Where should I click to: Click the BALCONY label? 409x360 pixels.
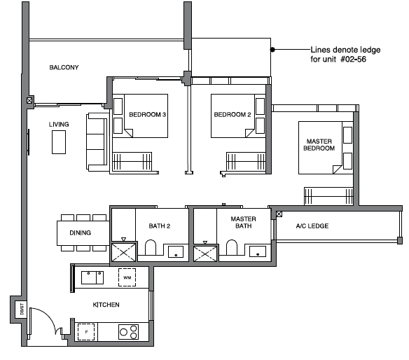[x=64, y=67]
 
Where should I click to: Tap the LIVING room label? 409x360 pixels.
[x=59, y=125]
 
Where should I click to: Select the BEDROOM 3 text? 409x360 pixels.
[x=147, y=115]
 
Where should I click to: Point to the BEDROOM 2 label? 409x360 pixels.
[x=233, y=115]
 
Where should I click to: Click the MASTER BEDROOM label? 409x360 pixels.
[x=319, y=145]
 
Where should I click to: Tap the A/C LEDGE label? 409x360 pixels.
[x=312, y=226]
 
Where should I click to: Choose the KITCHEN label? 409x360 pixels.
[x=106, y=305]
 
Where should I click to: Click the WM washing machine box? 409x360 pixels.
[x=127, y=277]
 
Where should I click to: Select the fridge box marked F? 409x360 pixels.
[x=86, y=332]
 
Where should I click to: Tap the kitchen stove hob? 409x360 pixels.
[x=128, y=332]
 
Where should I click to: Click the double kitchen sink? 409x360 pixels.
[x=92, y=277]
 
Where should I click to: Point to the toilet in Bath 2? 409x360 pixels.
[x=151, y=247]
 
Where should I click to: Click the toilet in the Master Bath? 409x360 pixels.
[x=232, y=247]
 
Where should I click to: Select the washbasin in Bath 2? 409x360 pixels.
[x=176, y=251]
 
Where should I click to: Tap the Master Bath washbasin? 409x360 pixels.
[x=258, y=251]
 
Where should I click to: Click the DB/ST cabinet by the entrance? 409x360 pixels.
[x=22, y=310]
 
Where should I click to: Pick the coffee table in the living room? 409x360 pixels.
[x=59, y=142]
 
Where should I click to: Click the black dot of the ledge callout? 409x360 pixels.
[x=272, y=49]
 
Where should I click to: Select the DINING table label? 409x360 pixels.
[x=81, y=233]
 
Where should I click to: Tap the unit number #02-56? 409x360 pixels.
[x=354, y=60]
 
